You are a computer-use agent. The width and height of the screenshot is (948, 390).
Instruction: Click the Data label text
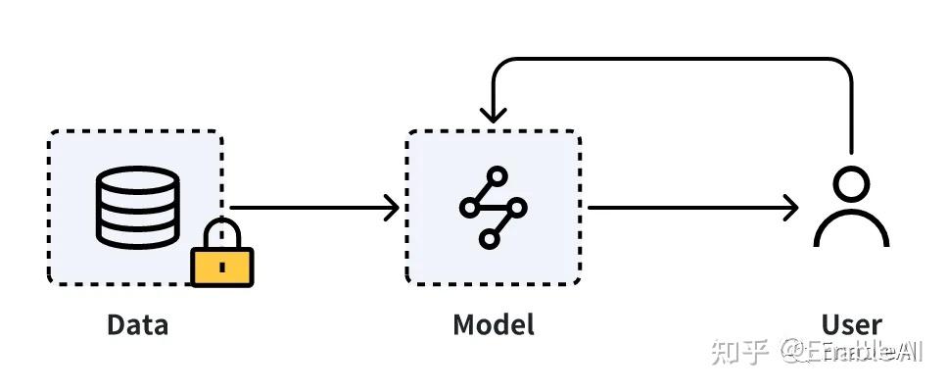(137, 325)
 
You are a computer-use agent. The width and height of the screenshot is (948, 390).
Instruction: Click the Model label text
(494, 325)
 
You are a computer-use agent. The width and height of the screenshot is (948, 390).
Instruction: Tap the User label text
(851, 325)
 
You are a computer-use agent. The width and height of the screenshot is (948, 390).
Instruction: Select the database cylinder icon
(138, 206)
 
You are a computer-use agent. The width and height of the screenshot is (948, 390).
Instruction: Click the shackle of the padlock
(222, 233)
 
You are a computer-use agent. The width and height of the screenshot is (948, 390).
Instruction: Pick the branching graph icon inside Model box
(493, 207)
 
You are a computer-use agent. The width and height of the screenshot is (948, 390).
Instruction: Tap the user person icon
(851, 208)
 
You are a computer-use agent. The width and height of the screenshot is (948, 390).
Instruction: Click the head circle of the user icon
(851, 185)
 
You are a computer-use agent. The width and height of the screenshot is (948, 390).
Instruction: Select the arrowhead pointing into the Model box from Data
(392, 207)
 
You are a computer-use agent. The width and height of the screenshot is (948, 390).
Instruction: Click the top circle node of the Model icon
(498, 177)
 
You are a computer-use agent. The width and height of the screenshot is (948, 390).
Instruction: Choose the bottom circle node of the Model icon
(489, 237)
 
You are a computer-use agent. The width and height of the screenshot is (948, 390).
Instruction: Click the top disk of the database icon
(138, 181)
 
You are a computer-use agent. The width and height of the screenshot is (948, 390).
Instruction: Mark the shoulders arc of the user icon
(851, 231)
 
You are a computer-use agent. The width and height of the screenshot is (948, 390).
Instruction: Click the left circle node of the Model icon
(470, 208)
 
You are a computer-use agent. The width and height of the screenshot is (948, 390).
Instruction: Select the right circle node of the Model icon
(517, 207)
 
